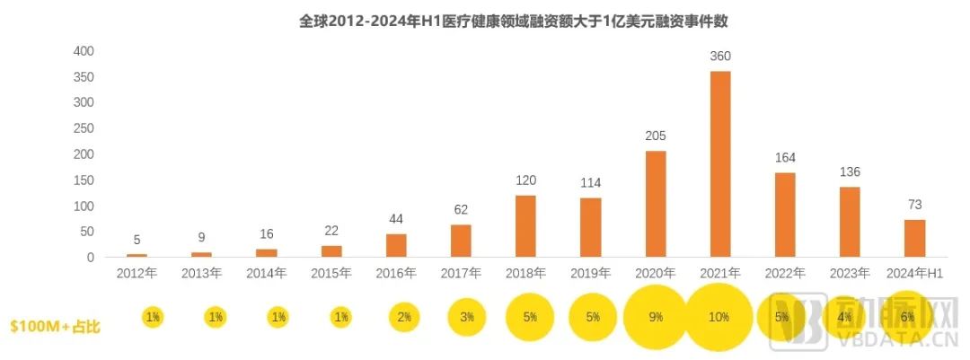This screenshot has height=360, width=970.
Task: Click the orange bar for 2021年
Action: click(x=720, y=164)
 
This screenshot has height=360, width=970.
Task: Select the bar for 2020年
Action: click(x=656, y=204)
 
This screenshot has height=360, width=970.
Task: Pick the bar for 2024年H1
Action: click(x=914, y=238)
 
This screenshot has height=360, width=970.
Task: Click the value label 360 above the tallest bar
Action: click(x=720, y=56)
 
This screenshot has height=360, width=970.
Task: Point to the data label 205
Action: click(x=656, y=136)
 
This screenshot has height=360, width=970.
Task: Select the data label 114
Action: click(x=590, y=182)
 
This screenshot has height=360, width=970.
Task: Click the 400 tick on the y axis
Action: click(x=84, y=50)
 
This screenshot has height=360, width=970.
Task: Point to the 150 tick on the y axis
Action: click(x=84, y=180)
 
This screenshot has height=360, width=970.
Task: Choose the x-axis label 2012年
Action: click(x=137, y=273)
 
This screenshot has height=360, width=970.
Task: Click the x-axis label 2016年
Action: click(x=396, y=273)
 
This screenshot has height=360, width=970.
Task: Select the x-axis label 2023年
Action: click(x=850, y=273)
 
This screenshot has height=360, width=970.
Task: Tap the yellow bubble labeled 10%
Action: click(x=718, y=317)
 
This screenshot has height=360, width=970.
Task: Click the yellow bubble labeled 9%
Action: click(x=656, y=317)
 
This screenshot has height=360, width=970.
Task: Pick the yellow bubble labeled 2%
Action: click(x=403, y=317)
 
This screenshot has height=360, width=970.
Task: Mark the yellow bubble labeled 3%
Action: click(x=467, y=317)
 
